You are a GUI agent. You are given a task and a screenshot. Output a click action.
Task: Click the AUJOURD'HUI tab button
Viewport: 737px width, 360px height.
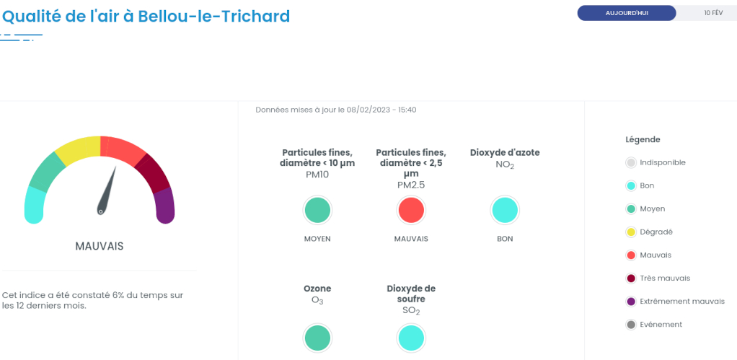click(x=627, y=13)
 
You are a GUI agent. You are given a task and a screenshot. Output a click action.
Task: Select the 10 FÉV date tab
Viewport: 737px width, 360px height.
click(x=713, y=13)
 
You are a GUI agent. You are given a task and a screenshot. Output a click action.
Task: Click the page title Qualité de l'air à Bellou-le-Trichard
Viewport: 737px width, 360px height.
click(x=146, y=17)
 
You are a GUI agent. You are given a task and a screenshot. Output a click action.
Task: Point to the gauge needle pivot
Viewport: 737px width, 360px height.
click(x=100, y=211)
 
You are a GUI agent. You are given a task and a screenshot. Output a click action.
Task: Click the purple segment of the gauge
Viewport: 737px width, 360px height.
click(x=165, y=206)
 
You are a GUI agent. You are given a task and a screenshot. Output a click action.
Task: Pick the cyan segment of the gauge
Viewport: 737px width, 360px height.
click(x=35, y=204)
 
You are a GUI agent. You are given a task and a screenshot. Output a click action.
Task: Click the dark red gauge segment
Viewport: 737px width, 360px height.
click(x=154, y=172)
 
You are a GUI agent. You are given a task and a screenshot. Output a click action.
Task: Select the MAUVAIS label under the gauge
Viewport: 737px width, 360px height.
click(x=100, y=246)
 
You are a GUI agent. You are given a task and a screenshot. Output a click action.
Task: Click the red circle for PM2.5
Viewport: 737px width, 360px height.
click(x=411, y=210)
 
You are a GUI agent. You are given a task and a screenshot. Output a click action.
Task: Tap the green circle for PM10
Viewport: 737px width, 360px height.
click(x=317, y=210)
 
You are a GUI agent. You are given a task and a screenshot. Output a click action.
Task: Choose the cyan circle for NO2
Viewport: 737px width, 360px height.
click(x=505, y=210)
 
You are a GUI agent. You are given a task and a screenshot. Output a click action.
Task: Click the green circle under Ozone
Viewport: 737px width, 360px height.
click(x=317, y=338)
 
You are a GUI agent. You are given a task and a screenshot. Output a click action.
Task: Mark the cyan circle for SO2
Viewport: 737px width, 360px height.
click(x=411, y=338)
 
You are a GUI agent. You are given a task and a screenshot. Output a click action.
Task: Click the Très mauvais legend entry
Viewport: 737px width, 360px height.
click(x=658, y=278)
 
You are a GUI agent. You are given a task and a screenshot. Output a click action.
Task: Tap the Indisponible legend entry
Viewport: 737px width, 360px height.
click(x=656, y=162)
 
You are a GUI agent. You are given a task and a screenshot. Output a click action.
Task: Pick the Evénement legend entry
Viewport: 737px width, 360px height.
click(x=654, y=324)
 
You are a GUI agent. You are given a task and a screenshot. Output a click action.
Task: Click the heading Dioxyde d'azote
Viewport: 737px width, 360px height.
click(x=505, y=153)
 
